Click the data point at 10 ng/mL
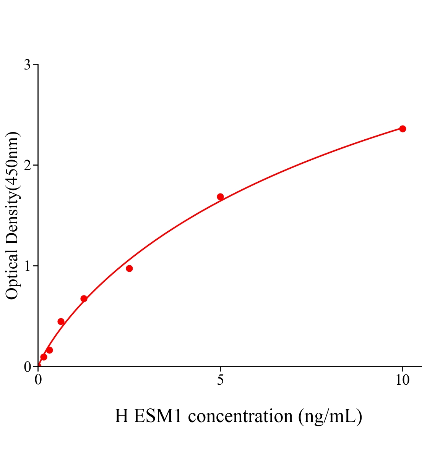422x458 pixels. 402,129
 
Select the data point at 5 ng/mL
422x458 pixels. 220,197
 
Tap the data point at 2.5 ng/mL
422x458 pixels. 129,268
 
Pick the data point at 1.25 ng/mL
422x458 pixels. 84,298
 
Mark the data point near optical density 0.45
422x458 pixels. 61,321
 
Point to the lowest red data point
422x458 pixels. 44,357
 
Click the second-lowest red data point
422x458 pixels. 49,350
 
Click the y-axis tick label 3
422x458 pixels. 27,65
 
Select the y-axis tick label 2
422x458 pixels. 27,165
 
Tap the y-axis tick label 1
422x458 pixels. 27,266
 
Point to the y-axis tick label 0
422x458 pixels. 27,367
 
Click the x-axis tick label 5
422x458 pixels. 220,380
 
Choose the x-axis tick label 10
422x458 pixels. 402,380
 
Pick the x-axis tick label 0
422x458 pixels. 38,380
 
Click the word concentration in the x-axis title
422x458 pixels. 241,416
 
